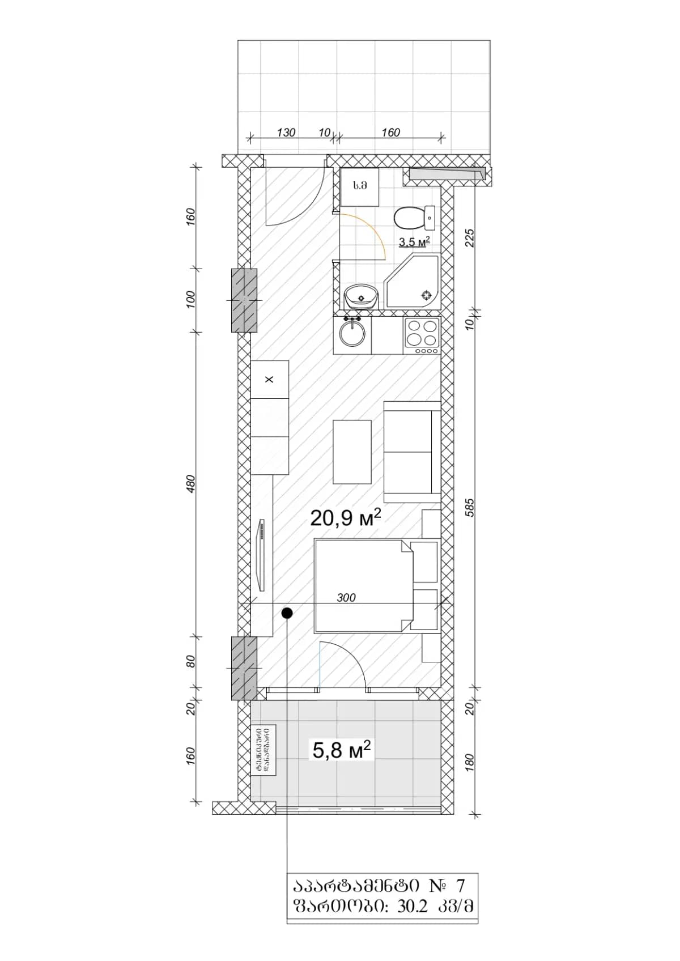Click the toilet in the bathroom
[413, 216]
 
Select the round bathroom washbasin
[360, 296]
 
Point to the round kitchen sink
[352, 334]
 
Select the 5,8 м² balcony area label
[342, 750]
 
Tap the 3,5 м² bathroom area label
[414, 242]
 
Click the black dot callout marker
[287, 613]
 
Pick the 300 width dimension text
[346, 598]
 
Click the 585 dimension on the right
[469, 507]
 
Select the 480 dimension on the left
[190, 483]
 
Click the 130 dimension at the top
[286, 133]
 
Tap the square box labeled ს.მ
[359, 186]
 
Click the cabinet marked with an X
[269, 379]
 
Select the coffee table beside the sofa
[352, 452]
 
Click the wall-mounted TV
[262, 555]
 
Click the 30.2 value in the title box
[412, 906]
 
